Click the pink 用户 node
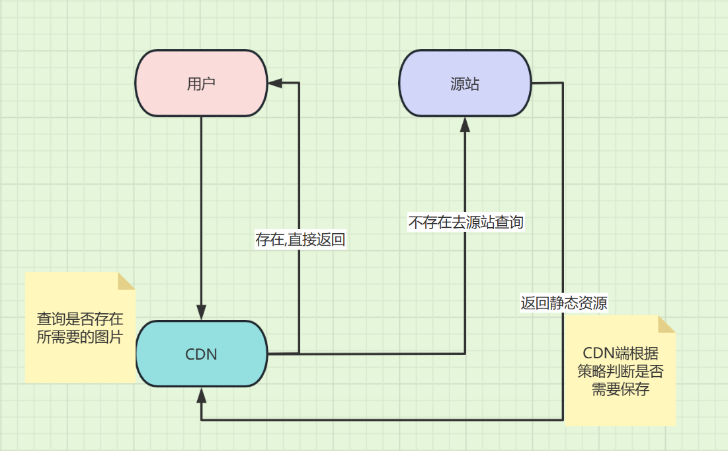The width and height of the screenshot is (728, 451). pos(201,83)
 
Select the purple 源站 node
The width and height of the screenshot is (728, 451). pos(464,83)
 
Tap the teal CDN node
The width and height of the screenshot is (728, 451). pos(201,354)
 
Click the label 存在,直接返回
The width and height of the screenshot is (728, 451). pos(300,239)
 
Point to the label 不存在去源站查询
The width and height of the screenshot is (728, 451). pos(465,222)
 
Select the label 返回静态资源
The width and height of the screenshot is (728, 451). pos(563,303)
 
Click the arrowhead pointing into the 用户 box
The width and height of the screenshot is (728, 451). pos(275,83)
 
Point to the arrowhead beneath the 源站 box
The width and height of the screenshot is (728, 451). pos(465,124)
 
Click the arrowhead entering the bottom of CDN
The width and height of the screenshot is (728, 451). pos(201,395)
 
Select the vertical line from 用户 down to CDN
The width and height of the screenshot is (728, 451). pos(201,212)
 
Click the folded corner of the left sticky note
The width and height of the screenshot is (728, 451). pos(126,281)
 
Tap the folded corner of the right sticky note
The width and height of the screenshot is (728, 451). pos(667,324)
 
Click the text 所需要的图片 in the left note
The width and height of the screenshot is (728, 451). pos(79,336)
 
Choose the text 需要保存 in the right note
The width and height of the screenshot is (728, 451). pos(620,389)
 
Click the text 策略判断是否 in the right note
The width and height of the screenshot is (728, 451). pos(620,372)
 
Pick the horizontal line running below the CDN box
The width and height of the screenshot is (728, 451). pos(384,420)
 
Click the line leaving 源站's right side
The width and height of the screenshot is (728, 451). pos(547,83)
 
